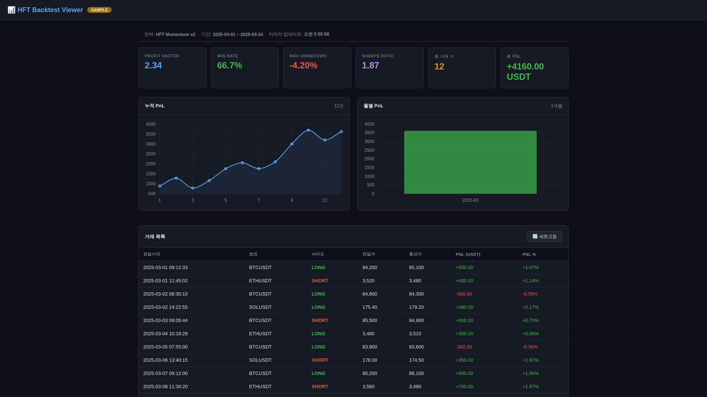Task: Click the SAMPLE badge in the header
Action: coord(99,10)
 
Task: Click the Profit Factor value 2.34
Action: coord(153,65)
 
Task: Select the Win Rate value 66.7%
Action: coord(229,65)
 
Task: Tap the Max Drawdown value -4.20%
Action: coord(303,65)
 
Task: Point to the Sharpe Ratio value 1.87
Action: coord(370,65)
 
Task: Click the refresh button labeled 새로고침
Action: coord(544,236)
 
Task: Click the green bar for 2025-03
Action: coord(470,162)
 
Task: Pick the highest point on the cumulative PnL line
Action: coord(308,130)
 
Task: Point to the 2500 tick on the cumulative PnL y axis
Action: coord(151,154)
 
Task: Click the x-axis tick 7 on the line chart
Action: coord(259,200)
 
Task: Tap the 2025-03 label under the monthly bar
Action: coord(470,200)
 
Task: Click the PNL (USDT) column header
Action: coord(468,254)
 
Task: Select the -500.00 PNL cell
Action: coord(464,294)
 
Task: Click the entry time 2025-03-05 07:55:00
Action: coord(165,347)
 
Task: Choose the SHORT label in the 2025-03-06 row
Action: coord(320,360)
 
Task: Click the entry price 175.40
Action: coord(370,307)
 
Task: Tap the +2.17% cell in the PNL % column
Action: coord(530,307)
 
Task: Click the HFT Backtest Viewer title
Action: coord(50,10)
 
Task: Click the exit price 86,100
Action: coord(416,373)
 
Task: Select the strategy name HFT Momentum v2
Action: coord(175,35)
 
